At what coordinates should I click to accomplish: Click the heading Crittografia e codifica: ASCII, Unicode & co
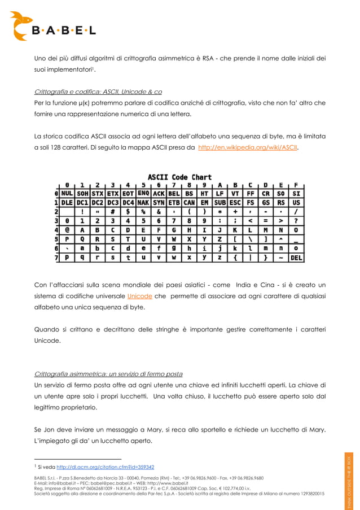pos(98,91)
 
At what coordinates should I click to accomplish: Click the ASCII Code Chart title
pos(179,177)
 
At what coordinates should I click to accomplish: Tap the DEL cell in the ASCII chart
pos(296,258)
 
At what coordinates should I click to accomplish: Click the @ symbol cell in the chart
pos(68,230)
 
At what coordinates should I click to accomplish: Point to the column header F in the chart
pos(296,184)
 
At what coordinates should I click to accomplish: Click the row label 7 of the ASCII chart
pos(57,258)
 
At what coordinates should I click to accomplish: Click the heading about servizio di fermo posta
pos(108,374)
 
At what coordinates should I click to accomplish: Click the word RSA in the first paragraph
pos(210,58)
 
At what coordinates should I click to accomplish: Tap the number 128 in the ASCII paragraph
pos(59,149)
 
